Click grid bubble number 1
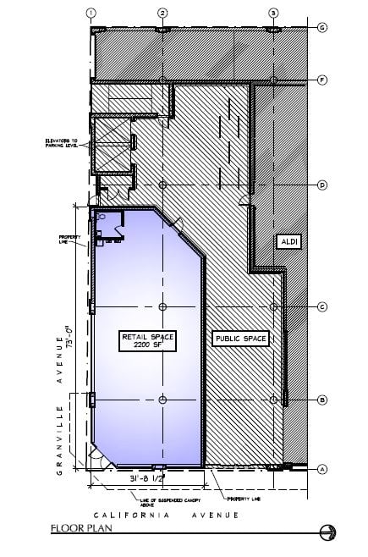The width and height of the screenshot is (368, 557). point(91,13)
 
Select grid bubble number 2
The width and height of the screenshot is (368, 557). point(163,13)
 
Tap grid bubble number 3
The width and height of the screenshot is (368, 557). point(273,13)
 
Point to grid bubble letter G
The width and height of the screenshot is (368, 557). point(322,27)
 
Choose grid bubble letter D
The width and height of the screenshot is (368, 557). point(322,185)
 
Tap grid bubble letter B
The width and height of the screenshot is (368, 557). point(322,399)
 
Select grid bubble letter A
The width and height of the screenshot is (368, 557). point(322,468)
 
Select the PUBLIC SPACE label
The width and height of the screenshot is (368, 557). point(241,339)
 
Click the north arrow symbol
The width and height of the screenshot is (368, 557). point(329,533)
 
